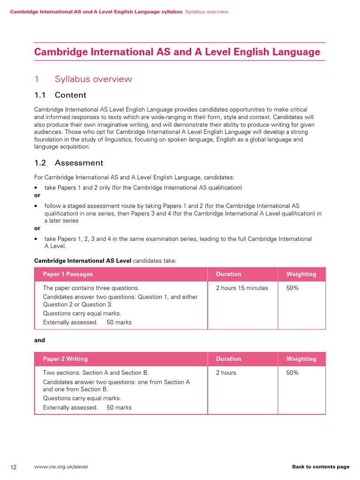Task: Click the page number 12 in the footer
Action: pyautogui.click(x=14, y=467)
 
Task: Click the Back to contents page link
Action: pyautogui.click(x=321, y=467)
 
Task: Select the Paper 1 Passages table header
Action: pyautogui.click(x=68, y=274)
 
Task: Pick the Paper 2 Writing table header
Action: pyautogui.click(x=65, y=359)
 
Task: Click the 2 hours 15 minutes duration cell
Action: pyautogui.click(x=242, y=288)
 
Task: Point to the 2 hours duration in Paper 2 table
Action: pyautogui.click(x=226, y=373)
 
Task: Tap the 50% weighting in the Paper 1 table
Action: pyautogui.click(x=292, y=288)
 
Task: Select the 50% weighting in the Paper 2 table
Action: pyautogui.click(x=292, y=373)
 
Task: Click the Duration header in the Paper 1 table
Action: pyautogui.click(x=229, y=274)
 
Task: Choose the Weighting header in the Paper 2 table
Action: pyautogui.click(x=301, y=359)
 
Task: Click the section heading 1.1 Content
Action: pyautogui.click(x=60, y=95)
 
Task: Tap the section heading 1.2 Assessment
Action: pyautogui.click(x=68, y=163)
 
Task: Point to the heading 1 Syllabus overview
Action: pyautogui.click(x=83, y=79)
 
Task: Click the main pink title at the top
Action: pyautogui.click(x=177, y=52)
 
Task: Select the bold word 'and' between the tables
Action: pyautogui.click(x=39, y=340)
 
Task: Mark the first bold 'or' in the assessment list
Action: pyautogui.click(x=37, y=195)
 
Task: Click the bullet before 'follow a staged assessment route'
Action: pyautogui.click(x=36, y=206)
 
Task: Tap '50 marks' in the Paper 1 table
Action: pyautogui.click(x=119, y=322)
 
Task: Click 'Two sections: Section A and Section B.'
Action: pyautogui.click(x=96, y=373)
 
